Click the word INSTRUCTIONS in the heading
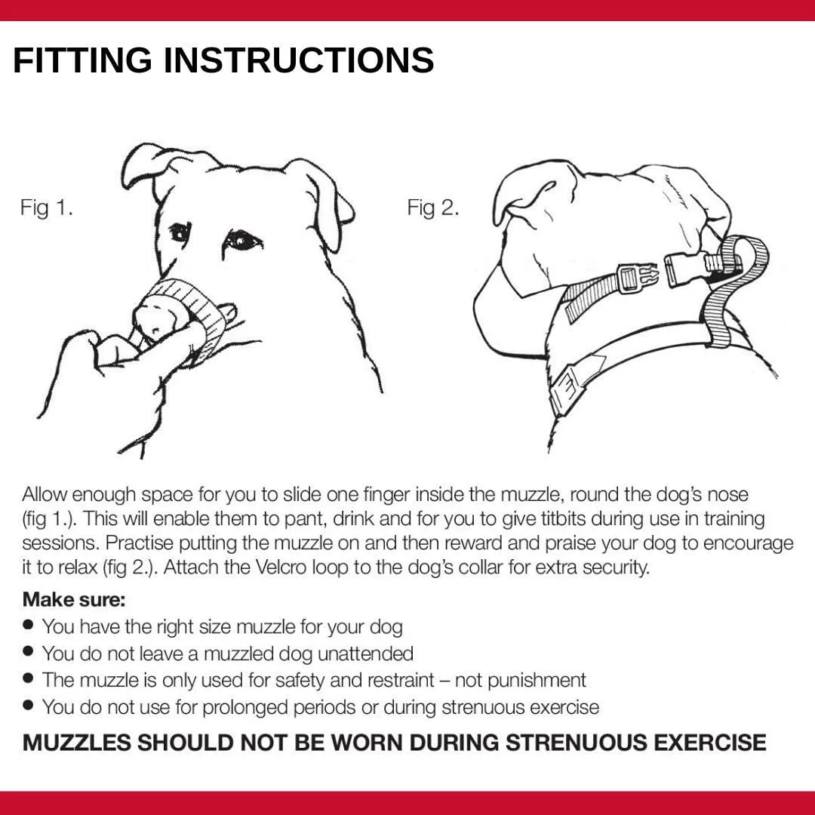coord(299,60)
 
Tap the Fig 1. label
coord(47,208)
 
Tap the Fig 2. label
coord(433,208)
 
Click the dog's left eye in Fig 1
coord(241,240)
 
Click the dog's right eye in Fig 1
coord(179,232)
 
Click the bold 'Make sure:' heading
coord(74,600)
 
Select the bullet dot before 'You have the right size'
coord(29,625)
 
